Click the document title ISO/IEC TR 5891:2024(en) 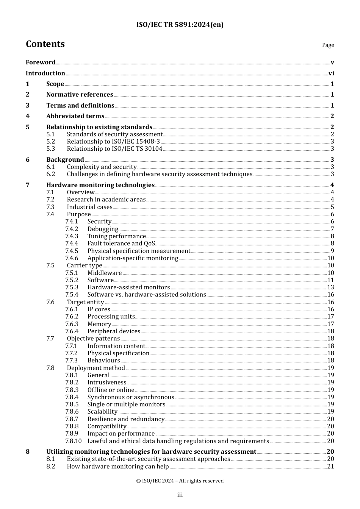(180, 25)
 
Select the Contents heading (45, 44)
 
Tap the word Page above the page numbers (328, 45)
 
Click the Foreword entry (41, 62)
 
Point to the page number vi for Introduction (331, 73)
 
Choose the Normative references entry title (80, 95)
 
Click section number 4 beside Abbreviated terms (28, 116)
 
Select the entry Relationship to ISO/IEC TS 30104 (114, 149)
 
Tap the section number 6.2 (51, 174)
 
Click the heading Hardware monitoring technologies (100, 185)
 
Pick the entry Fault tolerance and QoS (121, 244)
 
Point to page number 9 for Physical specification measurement (332, 251)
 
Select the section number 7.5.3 (72, 287)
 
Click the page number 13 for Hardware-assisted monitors (330, 287)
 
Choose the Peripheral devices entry (114, 331)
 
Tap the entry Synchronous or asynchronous (131, 397)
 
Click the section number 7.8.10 (73, 441)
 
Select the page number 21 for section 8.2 (330, 467)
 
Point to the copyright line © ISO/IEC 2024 (180, 481)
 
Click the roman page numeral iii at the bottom (180, 495)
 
